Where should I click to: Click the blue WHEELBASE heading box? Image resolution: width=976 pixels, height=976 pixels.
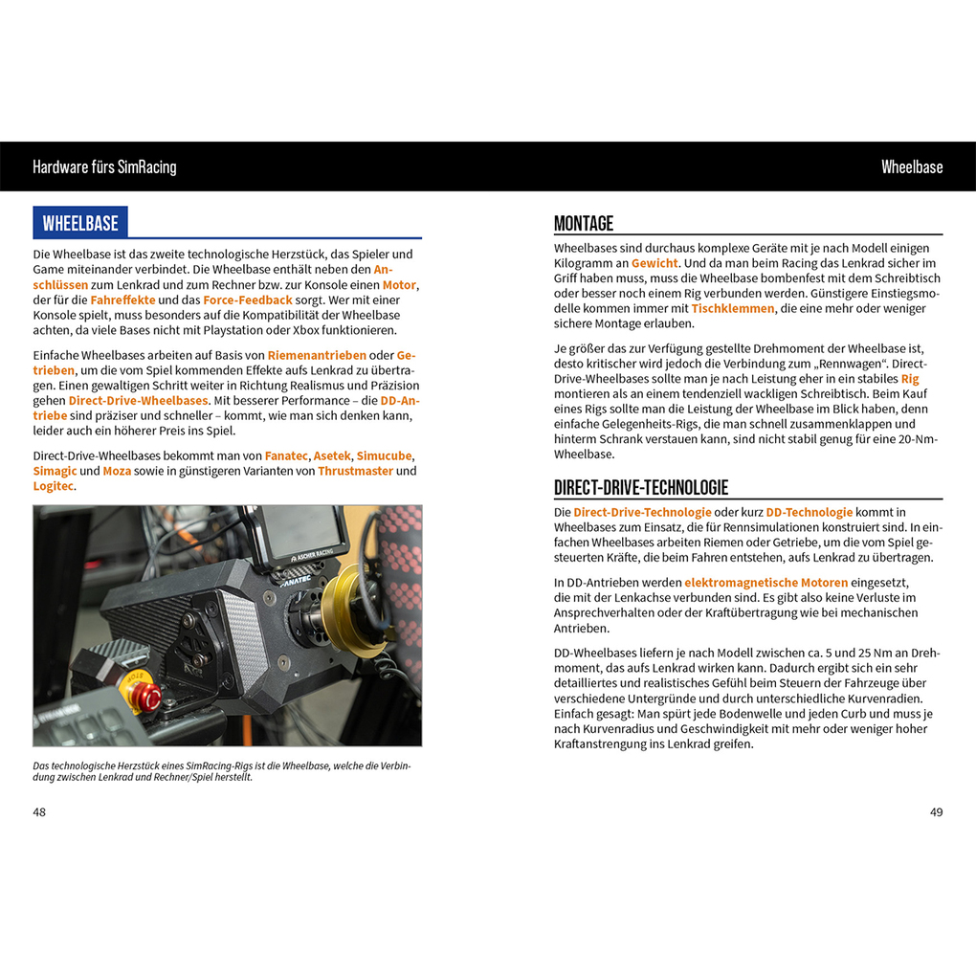pos(80,223)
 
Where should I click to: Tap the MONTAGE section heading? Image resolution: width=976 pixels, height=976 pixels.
pos(584,224)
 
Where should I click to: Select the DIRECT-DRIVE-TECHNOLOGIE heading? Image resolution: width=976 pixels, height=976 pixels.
pos(641,488)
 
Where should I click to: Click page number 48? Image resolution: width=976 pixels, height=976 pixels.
pos(39,812)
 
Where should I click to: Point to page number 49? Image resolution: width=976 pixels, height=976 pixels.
pos(936,812)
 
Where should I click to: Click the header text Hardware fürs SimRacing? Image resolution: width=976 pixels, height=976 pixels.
pos(104,166)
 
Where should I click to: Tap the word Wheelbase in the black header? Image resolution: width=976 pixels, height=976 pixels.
pos(911,166)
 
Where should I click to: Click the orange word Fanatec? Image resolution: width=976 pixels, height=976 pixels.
pos(286,455)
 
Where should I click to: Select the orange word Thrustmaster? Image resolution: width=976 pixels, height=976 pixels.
pos(355,471)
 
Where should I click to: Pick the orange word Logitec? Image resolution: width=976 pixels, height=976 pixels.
pos(53,486)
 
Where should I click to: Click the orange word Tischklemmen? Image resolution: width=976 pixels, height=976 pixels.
pos(732,308)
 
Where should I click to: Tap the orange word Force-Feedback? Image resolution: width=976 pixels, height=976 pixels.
pos(247,299)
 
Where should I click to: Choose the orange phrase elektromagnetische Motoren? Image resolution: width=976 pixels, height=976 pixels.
pos(765,582)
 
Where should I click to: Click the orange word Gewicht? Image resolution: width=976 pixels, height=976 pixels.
pos(654,262)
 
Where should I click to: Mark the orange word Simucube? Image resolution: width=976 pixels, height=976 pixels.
pos(385,455)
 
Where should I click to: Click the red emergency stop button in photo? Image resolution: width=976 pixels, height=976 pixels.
pos(150,697)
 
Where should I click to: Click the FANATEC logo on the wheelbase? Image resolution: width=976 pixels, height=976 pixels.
pos(298,579)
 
